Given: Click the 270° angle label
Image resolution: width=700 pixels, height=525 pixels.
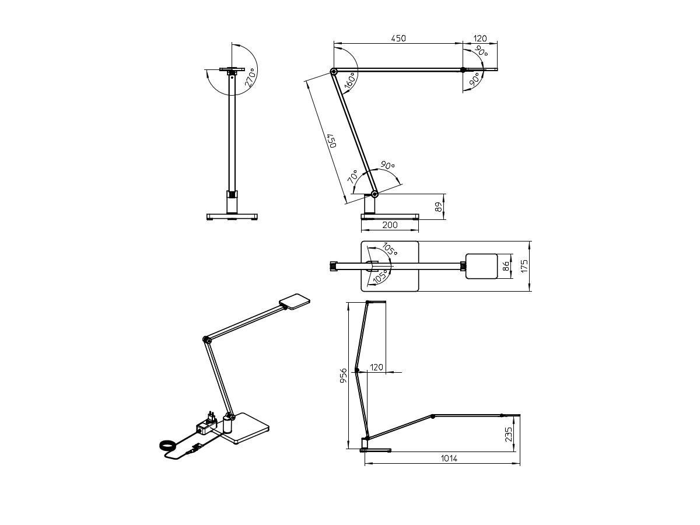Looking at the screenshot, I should click(250, 78).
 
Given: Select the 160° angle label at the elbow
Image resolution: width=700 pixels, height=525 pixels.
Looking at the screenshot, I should click(350, 81).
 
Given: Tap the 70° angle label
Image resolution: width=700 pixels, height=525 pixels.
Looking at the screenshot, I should click(353, 177).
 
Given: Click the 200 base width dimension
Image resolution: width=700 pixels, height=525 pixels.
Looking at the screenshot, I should click(390, 225).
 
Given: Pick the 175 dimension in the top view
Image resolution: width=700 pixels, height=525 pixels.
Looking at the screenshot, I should click(524, 266).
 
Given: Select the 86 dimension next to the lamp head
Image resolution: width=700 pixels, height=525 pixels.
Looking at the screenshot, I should click(506, 267).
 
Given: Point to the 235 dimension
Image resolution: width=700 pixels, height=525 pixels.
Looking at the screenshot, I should click(508, 435).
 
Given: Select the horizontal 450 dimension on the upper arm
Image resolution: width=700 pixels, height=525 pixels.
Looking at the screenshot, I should click(398, 38).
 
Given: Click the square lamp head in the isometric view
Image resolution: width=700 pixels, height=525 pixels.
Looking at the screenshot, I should click(295, 301).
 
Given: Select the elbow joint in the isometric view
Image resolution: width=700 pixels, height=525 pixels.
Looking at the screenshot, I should click(206, 339).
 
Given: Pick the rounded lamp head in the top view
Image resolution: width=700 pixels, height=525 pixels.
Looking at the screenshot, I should click(481, 266).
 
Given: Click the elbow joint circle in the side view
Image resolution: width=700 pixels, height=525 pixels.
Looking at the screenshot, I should click(334, 72).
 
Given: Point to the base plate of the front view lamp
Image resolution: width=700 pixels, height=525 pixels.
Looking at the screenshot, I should click(233, 216).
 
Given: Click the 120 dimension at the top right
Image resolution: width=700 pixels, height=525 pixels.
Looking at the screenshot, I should click(480, 38).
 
